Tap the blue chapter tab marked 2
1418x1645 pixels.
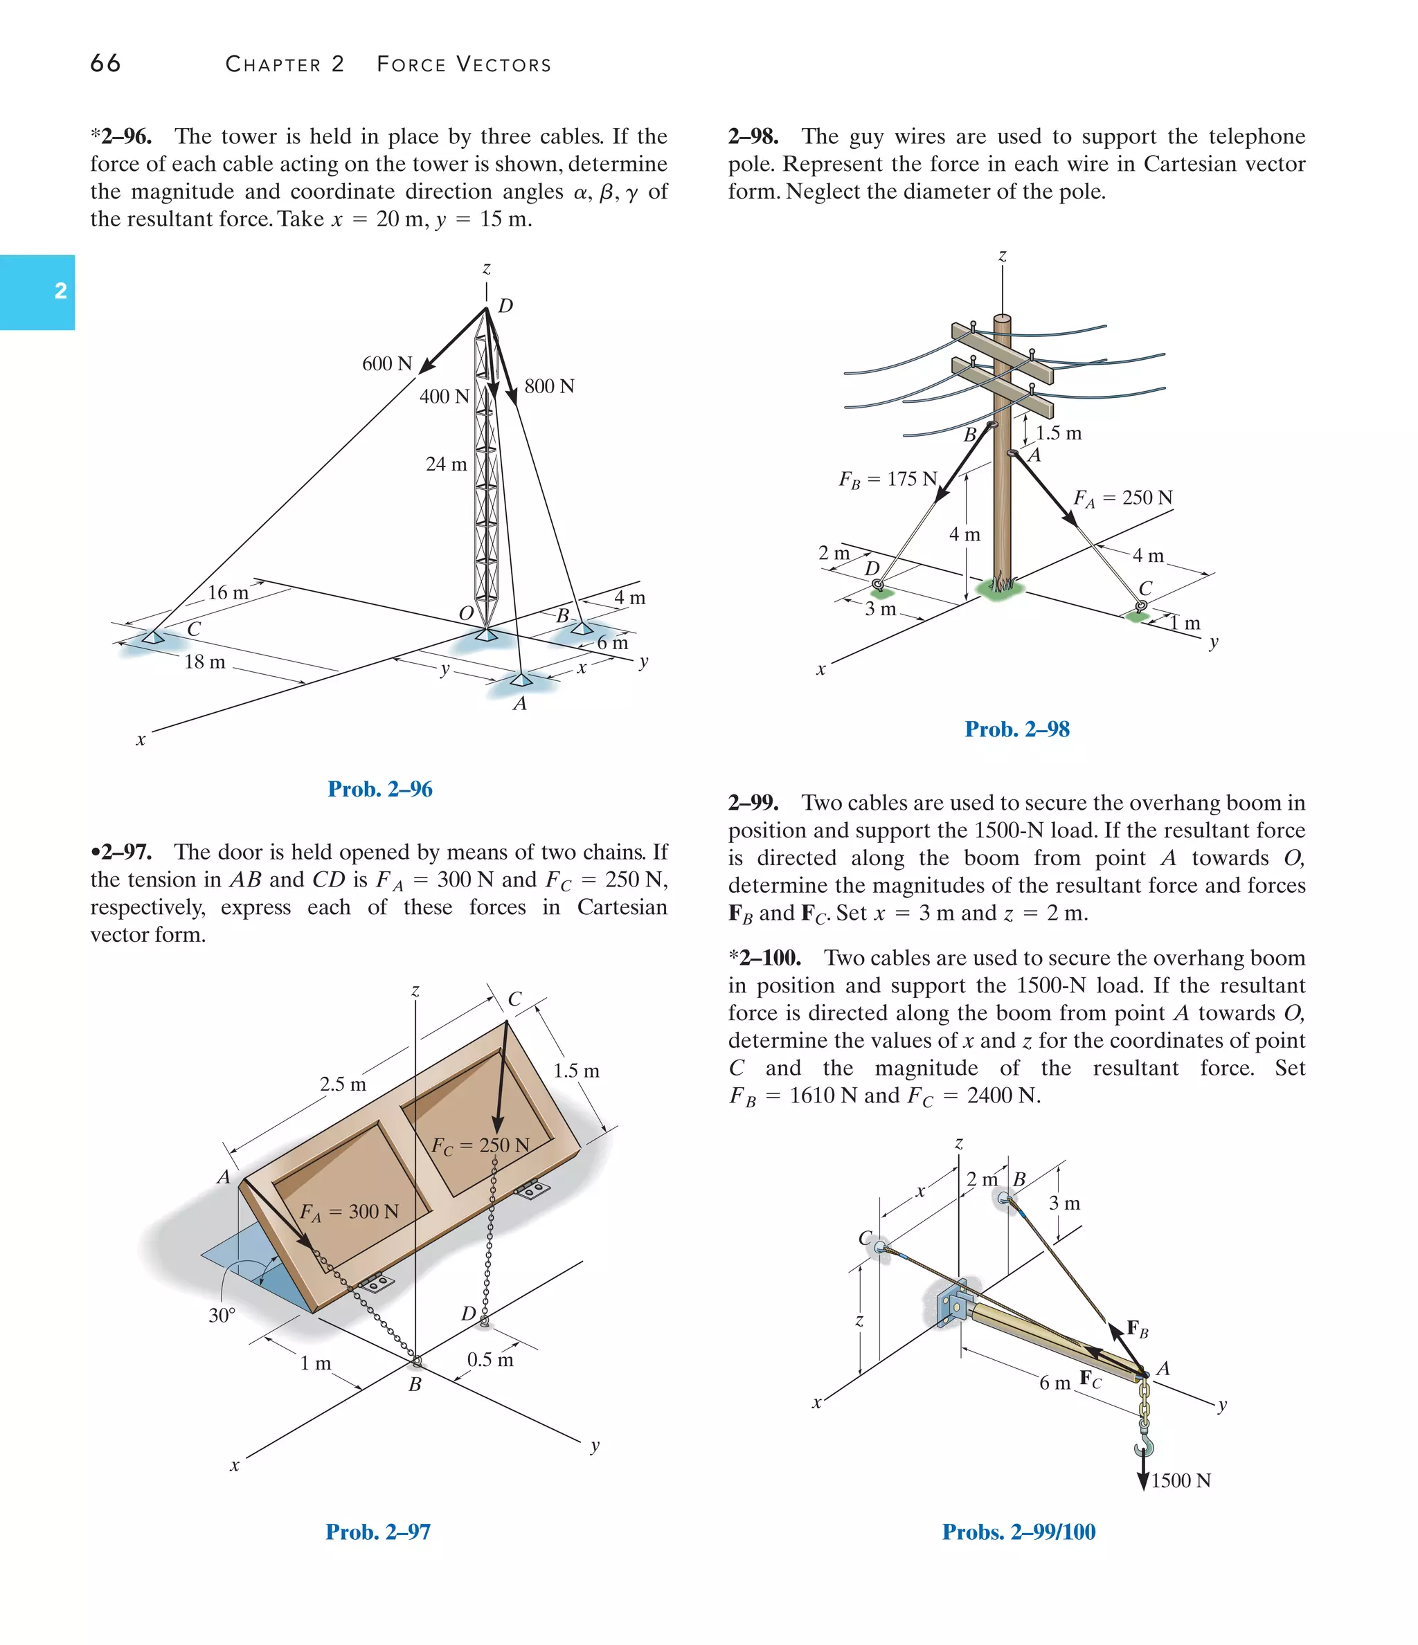click(37, 291)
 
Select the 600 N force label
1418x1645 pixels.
click(387, 363)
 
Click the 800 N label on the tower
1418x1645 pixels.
click(549, 387)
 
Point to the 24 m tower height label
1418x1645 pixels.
click(446, 464)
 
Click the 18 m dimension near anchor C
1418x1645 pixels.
click(204, 662)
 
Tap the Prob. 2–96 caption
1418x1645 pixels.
click(379, 789)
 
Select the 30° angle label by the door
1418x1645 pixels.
click(222, 1316)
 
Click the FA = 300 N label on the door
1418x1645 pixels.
click(349, 1212)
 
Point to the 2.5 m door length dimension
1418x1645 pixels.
click(343, 1084)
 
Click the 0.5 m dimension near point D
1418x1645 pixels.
click(490, 1359)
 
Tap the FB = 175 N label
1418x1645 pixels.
click(888, 480)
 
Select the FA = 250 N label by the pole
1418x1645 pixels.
click(1122, 498)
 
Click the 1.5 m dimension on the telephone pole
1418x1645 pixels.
click(1058, 433)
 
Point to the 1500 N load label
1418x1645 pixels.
click(1181, 1481)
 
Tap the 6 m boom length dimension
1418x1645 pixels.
click(1054, 1383)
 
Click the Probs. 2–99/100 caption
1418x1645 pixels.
click(1018, 1532)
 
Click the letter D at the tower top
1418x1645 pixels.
click(505, 307)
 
